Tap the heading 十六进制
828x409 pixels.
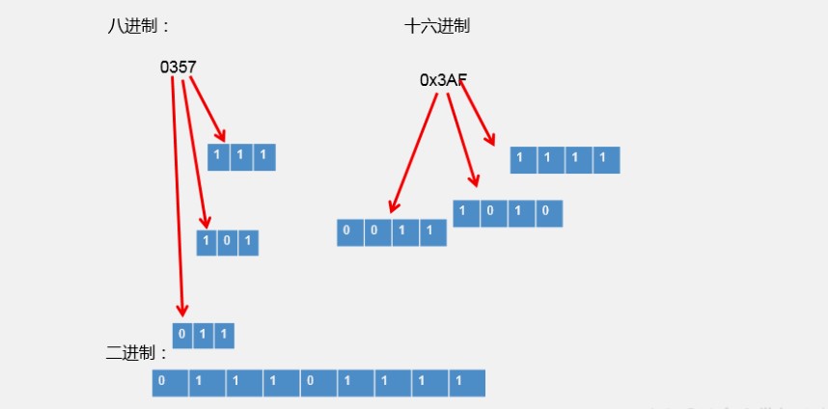point(437,27)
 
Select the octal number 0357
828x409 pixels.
point(179,68)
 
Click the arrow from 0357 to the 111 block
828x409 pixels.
point(207,108)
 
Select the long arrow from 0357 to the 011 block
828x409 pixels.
point(178,193)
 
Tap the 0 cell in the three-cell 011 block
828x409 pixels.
point(183,336)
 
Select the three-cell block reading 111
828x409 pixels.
point(241,157)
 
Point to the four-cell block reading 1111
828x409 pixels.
point(565,160)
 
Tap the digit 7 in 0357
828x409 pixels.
point(193,68)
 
